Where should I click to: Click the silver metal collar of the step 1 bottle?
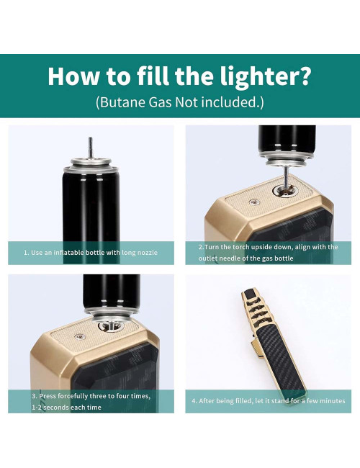click(x=91, y=171)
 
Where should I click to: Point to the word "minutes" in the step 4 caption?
click(x=330, y=401)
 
